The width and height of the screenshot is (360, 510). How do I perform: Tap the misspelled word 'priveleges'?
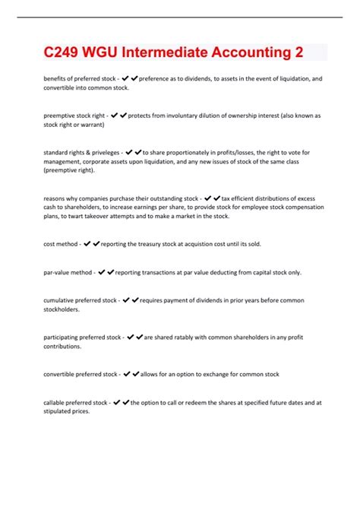coord(101,152)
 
